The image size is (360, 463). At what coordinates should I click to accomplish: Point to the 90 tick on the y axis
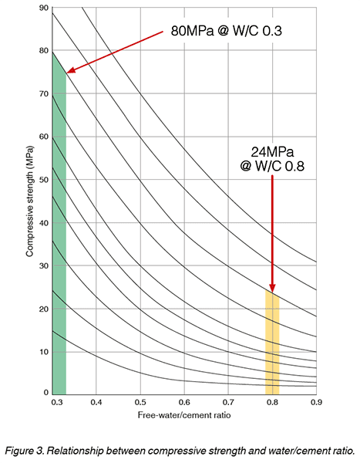coord(43,8)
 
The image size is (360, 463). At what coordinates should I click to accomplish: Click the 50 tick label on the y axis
coord(43,180)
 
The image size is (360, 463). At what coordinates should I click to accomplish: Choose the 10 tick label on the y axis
coord(43,352)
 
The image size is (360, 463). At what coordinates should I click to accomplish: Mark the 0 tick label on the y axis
coord(45,394)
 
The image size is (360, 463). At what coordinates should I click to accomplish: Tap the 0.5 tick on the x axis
coord(140,403)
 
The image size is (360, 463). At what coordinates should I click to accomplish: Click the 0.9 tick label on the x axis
coord(315,403)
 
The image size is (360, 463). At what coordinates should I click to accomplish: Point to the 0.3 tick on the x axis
coord(53,403)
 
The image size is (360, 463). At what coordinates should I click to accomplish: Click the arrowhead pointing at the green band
coord(69,71)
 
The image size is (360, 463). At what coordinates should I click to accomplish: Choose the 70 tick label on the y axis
coord(43,94)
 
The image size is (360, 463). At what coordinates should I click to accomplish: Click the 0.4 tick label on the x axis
coord(96,403)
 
